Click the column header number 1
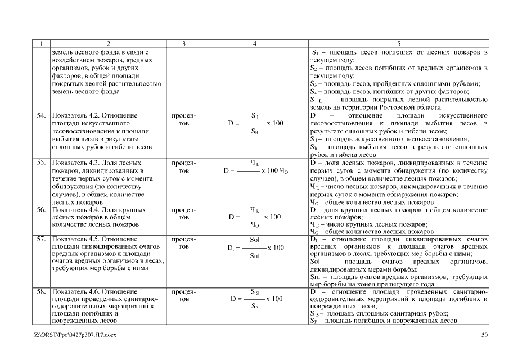pyautogui.click(x=42, y=43)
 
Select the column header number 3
pyautogui.click(x=183, y=43)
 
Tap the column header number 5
pyautogui.click(x=399, y=43)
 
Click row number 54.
pyautogui.click(x=41, y=115)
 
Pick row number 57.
pyautogui.click(x=41, y=238)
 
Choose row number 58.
pyautogui.click(x=41, y=292)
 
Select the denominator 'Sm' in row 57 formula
pyautogui.click(x=254, y=255)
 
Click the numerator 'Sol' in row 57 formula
pyautogui.click(x=254, y=239)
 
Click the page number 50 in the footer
pyautogui.click(x=485, y=336)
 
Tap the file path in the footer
pyautogui.click(x=75, y=336)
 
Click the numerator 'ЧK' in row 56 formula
pyautogui.click(x=254, y=209)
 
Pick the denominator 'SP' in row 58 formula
pyautogui.click(x=255, y=307)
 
